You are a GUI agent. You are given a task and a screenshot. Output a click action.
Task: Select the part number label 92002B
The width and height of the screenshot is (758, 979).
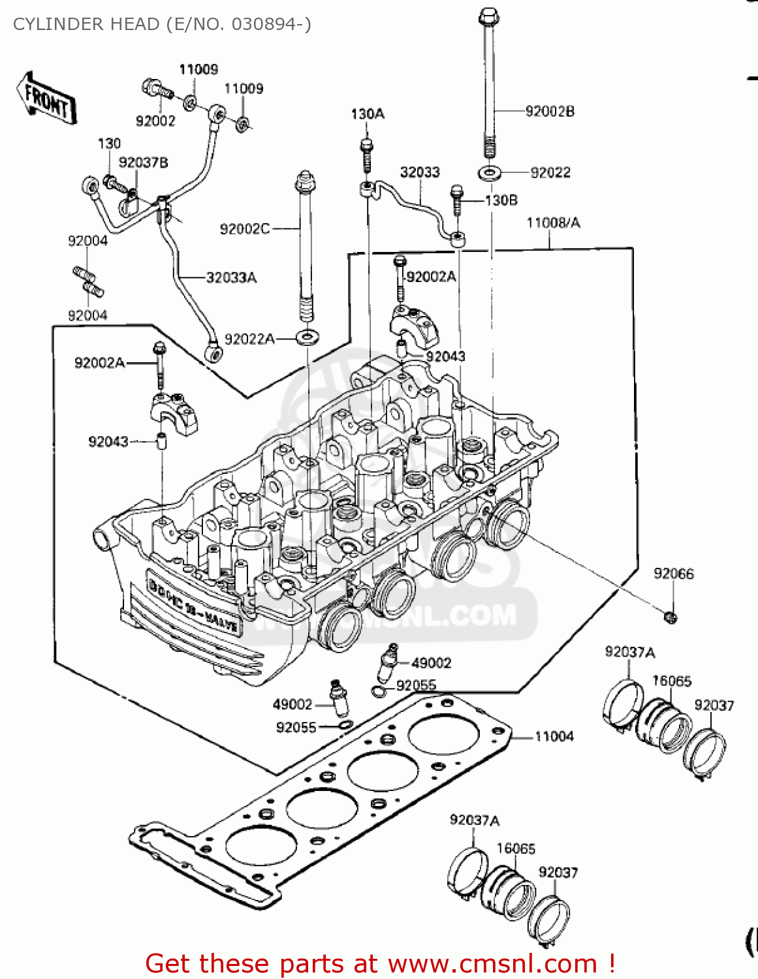[550, 112]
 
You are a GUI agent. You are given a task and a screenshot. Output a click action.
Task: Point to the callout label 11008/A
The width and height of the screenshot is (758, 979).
[553, 223]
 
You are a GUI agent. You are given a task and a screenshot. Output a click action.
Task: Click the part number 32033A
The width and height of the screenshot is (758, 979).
[231, 278]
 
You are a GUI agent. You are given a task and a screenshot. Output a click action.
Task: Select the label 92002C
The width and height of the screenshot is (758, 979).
[244, 229]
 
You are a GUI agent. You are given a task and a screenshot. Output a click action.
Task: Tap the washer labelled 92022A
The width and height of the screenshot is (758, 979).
[306, 337]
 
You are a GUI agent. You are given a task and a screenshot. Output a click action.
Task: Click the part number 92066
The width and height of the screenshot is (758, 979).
[673, 574]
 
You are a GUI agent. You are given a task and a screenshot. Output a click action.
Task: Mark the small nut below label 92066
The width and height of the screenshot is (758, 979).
[669, 615]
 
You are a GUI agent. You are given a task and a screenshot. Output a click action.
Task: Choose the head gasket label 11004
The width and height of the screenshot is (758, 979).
[554, 737]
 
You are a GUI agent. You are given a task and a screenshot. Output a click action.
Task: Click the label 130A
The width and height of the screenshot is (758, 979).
[368, 114]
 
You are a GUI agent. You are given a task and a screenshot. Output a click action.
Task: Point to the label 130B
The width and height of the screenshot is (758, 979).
[501, 200]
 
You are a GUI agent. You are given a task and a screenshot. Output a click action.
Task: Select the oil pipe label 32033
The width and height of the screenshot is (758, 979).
[420, 172]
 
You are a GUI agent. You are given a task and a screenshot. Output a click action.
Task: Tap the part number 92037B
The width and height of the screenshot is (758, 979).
[143, 163]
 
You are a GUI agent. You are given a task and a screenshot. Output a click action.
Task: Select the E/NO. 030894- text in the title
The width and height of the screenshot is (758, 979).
[238, 24]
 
